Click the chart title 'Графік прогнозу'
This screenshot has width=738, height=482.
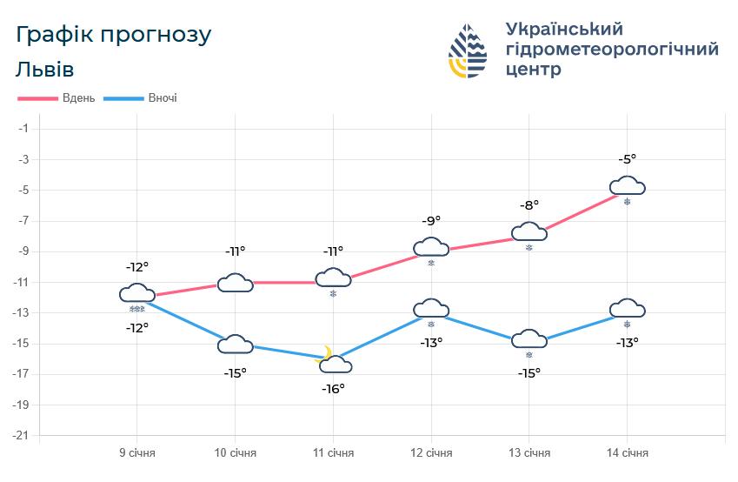(114, 36)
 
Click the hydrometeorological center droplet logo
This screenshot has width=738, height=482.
(469, 50)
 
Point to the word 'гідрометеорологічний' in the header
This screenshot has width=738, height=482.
(611, 50)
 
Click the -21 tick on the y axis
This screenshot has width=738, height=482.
(23, 435)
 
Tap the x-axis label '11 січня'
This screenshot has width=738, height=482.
(333, 453)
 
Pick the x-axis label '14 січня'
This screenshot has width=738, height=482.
(627, 453)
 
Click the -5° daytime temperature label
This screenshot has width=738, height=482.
(627, 159)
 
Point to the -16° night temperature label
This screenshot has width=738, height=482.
(333, 388)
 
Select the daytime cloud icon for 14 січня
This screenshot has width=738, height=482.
(627, 185)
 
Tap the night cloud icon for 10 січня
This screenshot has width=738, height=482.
(235, 345)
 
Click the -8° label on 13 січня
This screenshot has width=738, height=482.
(529, 205)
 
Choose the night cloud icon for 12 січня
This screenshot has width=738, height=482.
(431, 309)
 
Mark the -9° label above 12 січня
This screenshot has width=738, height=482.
(431, 221)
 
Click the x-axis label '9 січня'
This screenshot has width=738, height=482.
(137, 453)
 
